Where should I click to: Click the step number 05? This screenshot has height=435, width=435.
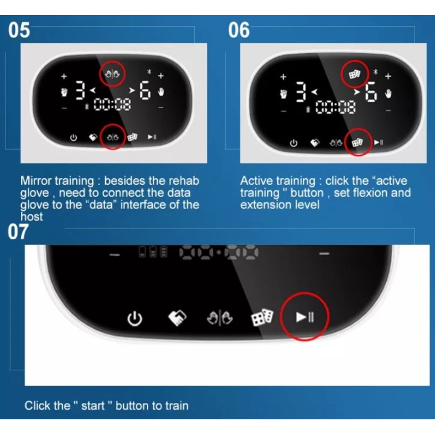click(x=19, y=30)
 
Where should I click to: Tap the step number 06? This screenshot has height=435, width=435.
click(x=239, y=30)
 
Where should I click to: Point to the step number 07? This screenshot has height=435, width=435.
click(x=18, y=231)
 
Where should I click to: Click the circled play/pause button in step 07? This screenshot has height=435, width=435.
click(x=305, y=317)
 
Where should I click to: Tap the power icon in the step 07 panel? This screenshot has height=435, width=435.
click(x=135, y=318)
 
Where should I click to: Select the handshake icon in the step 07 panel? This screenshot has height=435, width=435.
click(x=177, y=317)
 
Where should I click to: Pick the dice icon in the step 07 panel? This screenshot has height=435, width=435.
click(x=262, y=317)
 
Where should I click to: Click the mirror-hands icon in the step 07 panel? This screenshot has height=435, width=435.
click(x=220, y=318)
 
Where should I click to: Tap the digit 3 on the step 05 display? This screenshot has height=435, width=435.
click(x=80, y=90)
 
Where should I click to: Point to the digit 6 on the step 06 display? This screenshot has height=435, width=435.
click(x=371, y=92)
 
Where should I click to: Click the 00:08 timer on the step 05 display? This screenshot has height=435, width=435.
click(x=112, y=105)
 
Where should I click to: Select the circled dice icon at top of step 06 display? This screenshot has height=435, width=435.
click(x=355, y=74)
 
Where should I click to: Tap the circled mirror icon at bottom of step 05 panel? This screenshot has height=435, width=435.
click(x=113, y=137)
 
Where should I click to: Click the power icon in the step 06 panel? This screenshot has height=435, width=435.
click(x=294, y=143)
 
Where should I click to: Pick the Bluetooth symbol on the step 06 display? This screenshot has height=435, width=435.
click(x=375, y=72)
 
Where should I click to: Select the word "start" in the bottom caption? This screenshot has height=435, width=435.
click(x=93, y=405)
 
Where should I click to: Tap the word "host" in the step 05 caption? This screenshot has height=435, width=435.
click(x=31, y=216)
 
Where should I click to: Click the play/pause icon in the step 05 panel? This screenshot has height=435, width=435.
click(x=152, y=137)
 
